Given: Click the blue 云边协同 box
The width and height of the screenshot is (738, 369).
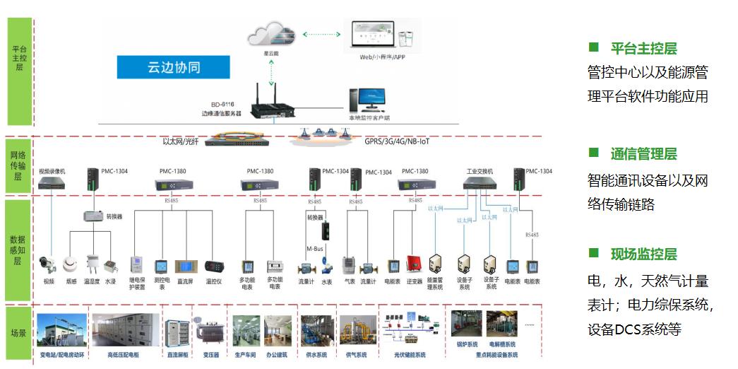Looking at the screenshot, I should coord(174,68).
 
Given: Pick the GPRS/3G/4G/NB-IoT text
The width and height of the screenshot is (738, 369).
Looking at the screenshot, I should coord(397,141).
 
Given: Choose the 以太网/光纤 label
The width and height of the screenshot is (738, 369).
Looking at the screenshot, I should coord(181,141).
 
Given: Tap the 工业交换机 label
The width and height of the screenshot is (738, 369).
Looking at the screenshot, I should coord(480,171).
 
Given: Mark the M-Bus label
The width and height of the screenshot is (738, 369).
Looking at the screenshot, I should coord(314,248).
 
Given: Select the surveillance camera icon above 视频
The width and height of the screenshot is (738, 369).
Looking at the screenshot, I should coord(48,264).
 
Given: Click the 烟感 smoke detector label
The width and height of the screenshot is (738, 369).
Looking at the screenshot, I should coord(71,281).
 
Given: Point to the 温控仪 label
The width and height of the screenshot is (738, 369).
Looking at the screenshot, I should coord(214,281).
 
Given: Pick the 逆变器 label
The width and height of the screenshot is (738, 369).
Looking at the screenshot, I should coord(414,281).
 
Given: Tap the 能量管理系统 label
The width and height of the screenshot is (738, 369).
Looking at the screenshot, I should coord(436,284).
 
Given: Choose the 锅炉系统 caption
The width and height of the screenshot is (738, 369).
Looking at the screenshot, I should coord(468,345).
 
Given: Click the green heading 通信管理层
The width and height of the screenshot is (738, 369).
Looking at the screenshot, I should coord(643,154).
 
